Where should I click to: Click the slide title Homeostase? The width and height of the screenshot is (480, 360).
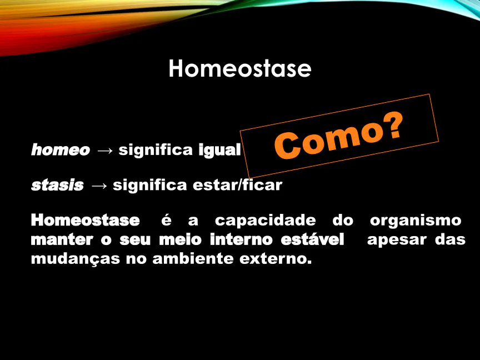[x=240, y=68]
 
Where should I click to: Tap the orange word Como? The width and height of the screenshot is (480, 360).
[x=338, y=136]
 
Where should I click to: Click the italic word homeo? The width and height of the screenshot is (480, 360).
[x=61, y=149]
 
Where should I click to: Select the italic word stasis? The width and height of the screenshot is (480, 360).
[x=57, y=185]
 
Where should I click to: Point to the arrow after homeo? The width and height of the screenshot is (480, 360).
[x=104, y=151]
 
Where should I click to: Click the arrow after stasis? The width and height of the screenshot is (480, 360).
[x=99, y=186]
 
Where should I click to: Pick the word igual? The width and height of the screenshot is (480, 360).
[x=219, y=150]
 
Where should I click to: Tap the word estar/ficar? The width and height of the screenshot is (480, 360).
[x=237, y=185]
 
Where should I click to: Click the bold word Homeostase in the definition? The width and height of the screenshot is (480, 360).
[x=86, y=221]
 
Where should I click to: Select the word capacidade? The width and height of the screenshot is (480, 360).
[x=265, y=221]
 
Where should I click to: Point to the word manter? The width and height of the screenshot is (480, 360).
[x=62, y=239]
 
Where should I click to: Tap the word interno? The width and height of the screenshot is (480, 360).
[x=241, y=239]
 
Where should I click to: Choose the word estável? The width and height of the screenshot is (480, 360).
[x=312, y=239]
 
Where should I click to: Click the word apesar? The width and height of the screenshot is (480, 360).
[x=397, y=240]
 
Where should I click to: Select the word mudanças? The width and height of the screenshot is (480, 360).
[x=76, y=259]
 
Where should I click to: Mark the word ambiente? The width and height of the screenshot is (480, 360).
[x=193, y=258]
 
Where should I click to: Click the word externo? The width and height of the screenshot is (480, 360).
[x=276, y=259]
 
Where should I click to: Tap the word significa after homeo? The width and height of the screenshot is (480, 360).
[x=156, y=150]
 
